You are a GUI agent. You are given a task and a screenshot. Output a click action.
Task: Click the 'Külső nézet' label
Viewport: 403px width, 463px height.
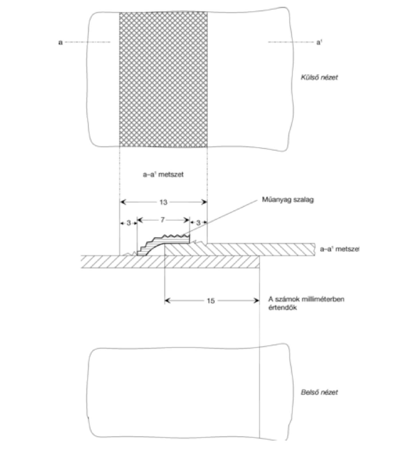pyautogui.click(x=319, y=77)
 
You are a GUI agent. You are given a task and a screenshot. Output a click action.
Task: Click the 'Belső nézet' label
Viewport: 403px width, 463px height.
pyautogui.click(x=319, y=392)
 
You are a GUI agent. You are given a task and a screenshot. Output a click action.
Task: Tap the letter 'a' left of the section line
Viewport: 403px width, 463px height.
pyautogui.click(x=60, y=43)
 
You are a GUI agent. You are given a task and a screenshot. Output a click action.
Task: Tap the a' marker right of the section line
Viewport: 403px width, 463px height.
pyautogui.click(x=319, y=42)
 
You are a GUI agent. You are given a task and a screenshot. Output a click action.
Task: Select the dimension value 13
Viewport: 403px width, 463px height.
pyautogui.click(x=163, y=202)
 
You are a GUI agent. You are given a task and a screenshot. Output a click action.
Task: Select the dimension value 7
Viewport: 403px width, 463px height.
pyautogui.click(x=163, y=220)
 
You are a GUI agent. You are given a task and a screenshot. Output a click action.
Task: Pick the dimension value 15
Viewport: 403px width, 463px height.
pyautogui.click(x=210, y=301)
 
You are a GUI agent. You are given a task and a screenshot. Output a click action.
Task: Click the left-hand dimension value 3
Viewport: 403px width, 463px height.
pyautogui.click(x=128, y=222)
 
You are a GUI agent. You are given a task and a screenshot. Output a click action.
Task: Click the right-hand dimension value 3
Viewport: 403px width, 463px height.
pyautogui.click(x=198, y=222)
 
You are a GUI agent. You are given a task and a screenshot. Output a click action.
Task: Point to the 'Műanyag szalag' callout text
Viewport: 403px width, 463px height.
pyautogui.click(x=288, y=200)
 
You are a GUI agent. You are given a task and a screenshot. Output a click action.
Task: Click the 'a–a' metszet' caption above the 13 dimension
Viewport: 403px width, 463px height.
pyautogui.click(x=163, y=174)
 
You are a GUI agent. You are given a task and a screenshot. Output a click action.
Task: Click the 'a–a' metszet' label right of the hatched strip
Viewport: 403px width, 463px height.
pyautogui.click(x=339, y=249)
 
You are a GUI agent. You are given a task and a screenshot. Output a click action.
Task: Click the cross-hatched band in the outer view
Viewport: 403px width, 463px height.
pyautogui.click(x=163, y=79)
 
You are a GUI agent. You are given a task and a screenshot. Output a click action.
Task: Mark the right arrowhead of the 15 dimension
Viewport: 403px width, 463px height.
pyautogui.click(x=257, y=301)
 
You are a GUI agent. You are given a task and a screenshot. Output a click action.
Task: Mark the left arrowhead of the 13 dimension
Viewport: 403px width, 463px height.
pyautogui.click(x=123, y=202)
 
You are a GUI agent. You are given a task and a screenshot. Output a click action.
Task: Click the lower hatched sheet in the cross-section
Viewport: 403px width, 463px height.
pyautogui.click(x=170, y=262)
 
